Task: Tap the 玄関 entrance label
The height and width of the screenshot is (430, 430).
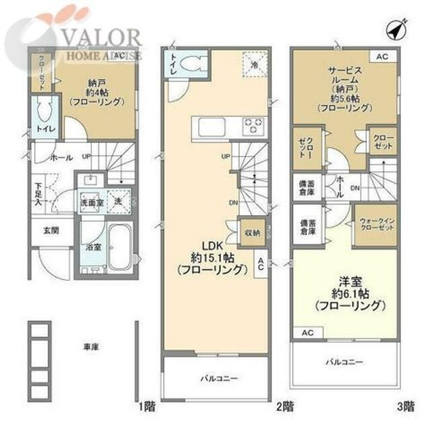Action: click(x=50, y=229)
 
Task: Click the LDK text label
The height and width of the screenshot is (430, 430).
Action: click(x=213, y=246)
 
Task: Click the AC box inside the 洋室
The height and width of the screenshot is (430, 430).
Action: click(x=307, y=332)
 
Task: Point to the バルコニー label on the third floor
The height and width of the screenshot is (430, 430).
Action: click(x=345, y=362)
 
